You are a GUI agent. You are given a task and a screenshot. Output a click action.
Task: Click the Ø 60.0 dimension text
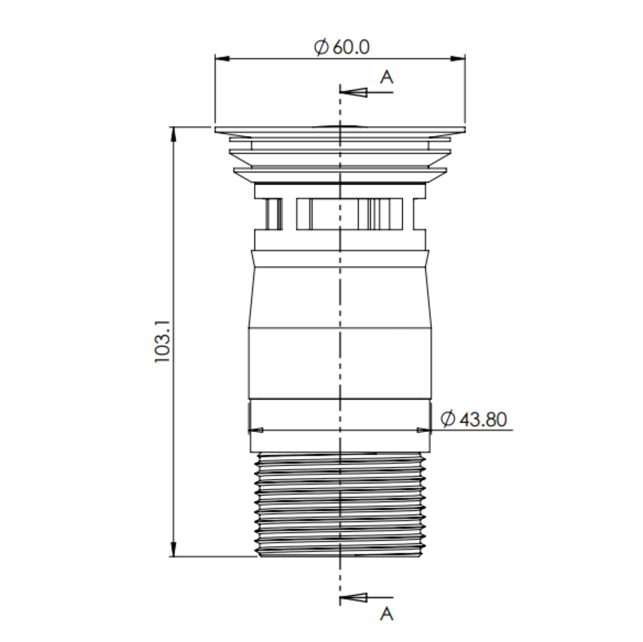pyautogui.click(x=342, y=47)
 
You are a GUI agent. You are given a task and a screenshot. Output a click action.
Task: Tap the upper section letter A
pyautogui.click(x=386, y=77)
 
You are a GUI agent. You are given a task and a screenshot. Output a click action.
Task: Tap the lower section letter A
pyautogui.click(x=386, y=614)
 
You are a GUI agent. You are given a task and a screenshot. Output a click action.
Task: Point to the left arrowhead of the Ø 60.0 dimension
pyautogui.click(x=222, y=59)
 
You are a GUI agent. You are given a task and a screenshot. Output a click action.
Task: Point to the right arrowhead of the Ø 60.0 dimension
pyautogui.click(x=458, y=59)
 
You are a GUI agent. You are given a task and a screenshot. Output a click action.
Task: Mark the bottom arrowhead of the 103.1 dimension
pyautogui.click(x=173, y=549)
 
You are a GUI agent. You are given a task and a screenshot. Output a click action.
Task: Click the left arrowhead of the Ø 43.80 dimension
pyautogui.click(x=256, y=430)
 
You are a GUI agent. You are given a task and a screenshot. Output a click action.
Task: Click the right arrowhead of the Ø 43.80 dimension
pyautogui.click(x=424, y=430)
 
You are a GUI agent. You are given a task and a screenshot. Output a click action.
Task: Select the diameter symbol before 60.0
pyautogui.click(x=321, y=47)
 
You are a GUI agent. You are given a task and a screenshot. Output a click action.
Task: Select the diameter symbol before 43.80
pyautogui.click(x=448, y=419)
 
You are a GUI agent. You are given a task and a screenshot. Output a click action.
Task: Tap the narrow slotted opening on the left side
pyautogui.click(x=274, y=214)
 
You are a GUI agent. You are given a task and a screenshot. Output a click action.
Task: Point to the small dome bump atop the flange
pyautogui.click(x=340, y=126)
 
